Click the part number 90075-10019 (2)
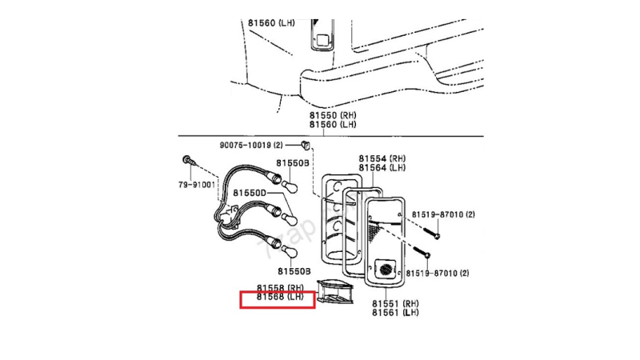(x=251, y=146)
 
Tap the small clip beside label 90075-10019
(x=306, y=145)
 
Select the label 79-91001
(x=196, y=185)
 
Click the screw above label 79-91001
(x=186, y=160)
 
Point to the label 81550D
(x=250, y=193)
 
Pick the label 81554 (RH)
(x=382, y=158)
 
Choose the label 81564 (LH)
(x=382, y=168)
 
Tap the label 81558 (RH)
(x=280, y=287)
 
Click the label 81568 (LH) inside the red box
(x=280, y=298)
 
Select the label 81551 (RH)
(x=395, y=303)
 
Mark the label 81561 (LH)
(x=395, y=313)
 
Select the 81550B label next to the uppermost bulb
(x=293, y=163)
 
